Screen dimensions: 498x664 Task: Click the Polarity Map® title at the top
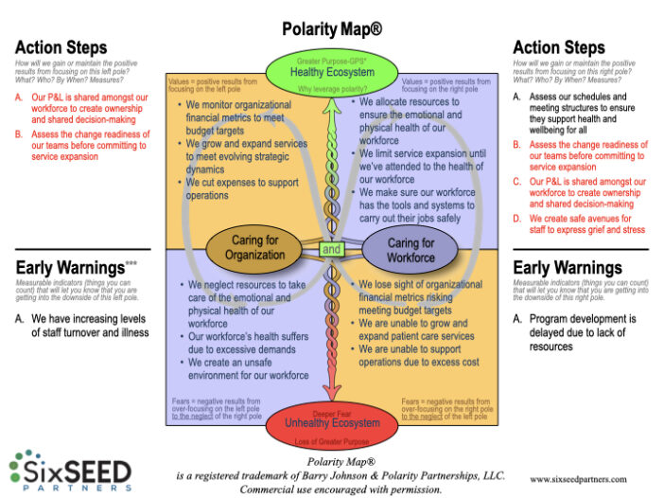click(331, 29)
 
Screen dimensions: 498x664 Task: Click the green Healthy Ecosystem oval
click(331, 71)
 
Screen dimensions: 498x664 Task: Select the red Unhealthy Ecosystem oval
click(331, 422)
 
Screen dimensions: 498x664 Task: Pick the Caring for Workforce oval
click(411, 249)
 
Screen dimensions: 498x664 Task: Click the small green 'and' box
click(331, 250)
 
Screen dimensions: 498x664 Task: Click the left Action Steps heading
click(61, 46)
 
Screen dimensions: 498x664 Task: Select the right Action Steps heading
click(558, 46)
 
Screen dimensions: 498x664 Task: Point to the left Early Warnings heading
click(70, 267)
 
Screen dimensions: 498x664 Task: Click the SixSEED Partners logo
click(71, 471)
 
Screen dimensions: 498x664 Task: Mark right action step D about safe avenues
click(585, 225)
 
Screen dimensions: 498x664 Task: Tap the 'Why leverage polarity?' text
click(331, 89)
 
